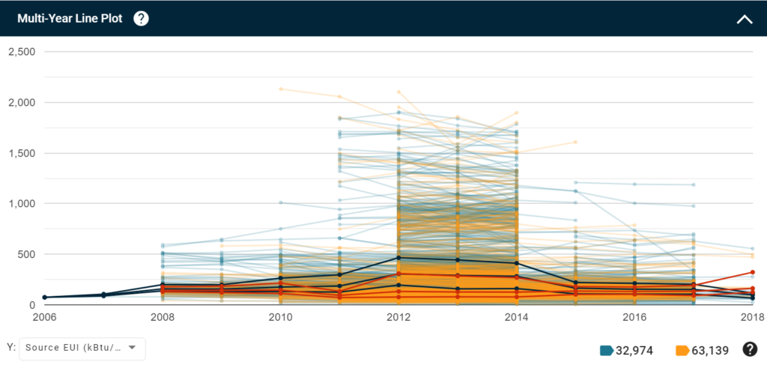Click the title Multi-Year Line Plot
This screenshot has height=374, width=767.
coord(70,19)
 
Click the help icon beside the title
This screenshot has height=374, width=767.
coord(141,19)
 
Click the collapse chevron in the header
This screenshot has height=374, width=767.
coord(745,19)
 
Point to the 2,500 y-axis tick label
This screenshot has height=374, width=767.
coord(22,51)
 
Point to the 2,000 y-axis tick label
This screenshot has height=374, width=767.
coord(22,102)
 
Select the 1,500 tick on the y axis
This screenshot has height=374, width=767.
coord(22,153)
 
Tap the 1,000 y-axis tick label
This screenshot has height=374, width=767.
coord(22,203)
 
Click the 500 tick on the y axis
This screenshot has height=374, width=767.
coord(27,254)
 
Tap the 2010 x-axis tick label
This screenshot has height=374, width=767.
coord(280,318)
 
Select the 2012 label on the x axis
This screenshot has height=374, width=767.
coord(398,318)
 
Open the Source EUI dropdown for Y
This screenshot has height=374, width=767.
coord(81,348)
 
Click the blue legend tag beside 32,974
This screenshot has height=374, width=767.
coord(607,350)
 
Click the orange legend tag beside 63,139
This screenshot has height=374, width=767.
coord(682,350)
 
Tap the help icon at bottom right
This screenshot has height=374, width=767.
coord(749,349)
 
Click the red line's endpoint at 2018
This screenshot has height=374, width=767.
coord(753,272)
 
